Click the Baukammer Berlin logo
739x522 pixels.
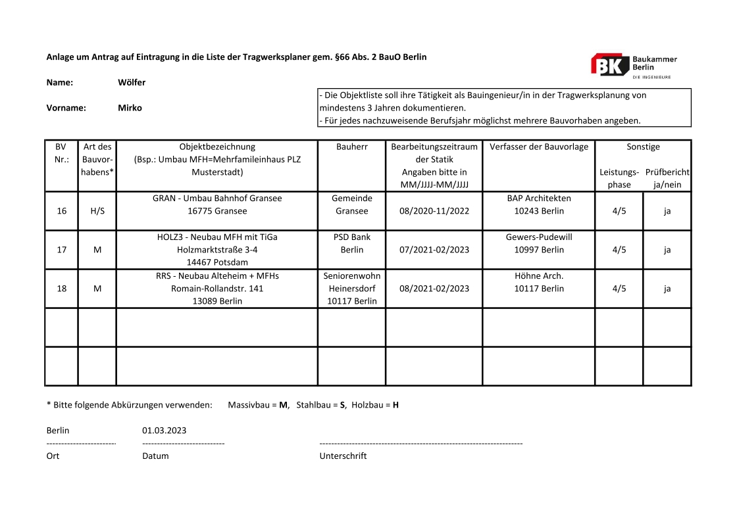[x=633, y=65]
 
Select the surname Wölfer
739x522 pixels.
[x=132, y=83]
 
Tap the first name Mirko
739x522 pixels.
[x=130, y=108]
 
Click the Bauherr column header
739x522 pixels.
[x=351, y=147]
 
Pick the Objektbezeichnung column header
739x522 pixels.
[x=217, y=147]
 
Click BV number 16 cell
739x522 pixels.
[x=62, y=211]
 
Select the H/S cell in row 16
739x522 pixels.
[x=97, y=211]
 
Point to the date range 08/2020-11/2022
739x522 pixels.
[x=434, y=211]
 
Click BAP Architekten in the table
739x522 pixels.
[x=538, y=198]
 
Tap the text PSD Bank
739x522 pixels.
[x=351, y=237]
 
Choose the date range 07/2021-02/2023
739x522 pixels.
[x=434, y=250]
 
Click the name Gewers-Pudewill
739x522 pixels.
[x=538, y=237]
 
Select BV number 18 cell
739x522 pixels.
[x=62, y=288]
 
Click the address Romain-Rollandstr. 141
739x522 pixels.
[x=217, y=288]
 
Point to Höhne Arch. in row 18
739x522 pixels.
[x=538, y=275]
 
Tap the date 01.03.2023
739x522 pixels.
[x=164, y=431]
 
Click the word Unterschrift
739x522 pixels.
[x=343, y=456]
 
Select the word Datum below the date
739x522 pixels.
[x=155, y=456]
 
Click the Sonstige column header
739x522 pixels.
[x=643, y=147]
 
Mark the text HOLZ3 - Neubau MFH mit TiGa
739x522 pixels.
[x=217, y=237]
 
